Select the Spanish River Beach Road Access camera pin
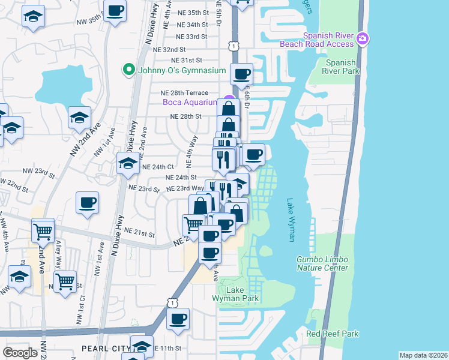362,39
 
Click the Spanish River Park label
342,67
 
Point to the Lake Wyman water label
291,220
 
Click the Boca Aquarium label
190,102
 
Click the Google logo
20,353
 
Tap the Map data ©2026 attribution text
423,355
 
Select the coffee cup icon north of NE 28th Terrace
241,74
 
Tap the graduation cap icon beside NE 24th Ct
128,163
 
